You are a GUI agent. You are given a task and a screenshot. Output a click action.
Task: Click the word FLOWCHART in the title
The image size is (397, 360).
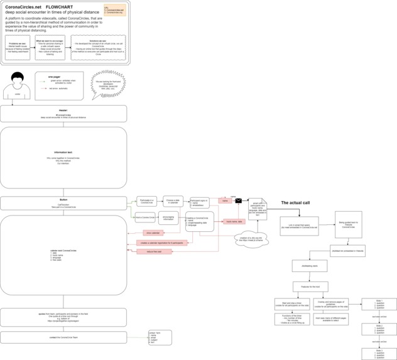click(x=60, y=6)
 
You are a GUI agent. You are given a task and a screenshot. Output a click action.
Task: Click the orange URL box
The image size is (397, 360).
click(x=114, y=9)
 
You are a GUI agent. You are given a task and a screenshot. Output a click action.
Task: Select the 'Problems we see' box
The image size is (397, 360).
click(x=18, y=48)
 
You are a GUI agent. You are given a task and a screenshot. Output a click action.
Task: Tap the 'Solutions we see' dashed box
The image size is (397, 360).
click(x=98, y=48)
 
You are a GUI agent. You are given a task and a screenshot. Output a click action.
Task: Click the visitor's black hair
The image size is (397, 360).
click(x=17, y=79)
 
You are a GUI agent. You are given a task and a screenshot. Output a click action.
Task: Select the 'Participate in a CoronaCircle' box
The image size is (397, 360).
click(x=146, y=202)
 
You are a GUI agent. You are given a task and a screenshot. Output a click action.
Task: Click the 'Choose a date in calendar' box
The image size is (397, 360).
click(x=173, y=202)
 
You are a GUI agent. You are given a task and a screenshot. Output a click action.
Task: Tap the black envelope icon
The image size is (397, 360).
click(x=239, y=201)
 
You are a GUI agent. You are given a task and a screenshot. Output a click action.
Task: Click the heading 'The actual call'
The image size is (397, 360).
click(x=295, y=203)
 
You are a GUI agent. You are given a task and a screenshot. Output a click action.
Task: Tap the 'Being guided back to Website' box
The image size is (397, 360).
click(x=348, y=224)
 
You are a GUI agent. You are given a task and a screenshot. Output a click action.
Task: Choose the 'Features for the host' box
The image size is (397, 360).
click(x=310, y=286)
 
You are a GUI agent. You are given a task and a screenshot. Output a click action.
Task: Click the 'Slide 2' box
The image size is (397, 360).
click(x=379, y=329)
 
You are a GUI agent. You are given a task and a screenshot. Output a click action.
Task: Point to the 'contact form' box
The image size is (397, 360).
click(x=160, y=337)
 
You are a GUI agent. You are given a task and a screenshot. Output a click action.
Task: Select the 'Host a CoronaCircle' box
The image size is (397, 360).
click(x=145, y=218)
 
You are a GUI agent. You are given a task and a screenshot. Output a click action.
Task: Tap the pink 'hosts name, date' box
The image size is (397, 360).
click(x=234, y=221)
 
